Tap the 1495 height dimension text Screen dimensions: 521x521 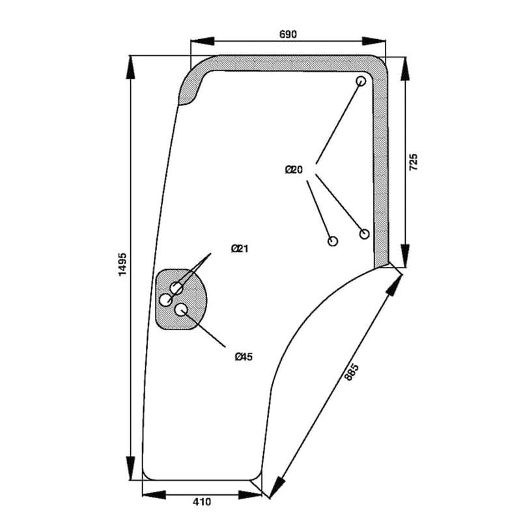click(x=122, y=265)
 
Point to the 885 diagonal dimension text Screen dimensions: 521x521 click(x=352, y=372)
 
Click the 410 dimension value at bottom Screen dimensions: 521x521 click(x=202, y=502)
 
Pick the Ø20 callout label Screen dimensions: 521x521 click(x=294, y=170)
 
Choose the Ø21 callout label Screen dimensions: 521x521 click(x=240, y=249)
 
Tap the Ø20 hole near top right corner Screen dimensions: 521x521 click(x=361, y=81)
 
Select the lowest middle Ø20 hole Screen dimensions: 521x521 click(x=333, y=241)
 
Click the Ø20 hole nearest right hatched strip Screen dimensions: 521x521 click(x=365, y=233)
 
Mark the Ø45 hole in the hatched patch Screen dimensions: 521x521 click(x=181, y=309)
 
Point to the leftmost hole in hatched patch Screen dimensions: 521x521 click(x=166, y=300)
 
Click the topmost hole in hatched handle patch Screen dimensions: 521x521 click(x=176, y=288)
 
